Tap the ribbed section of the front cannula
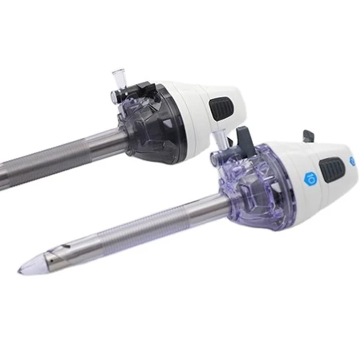pos(120,233)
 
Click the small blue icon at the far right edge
pos(351,161)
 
